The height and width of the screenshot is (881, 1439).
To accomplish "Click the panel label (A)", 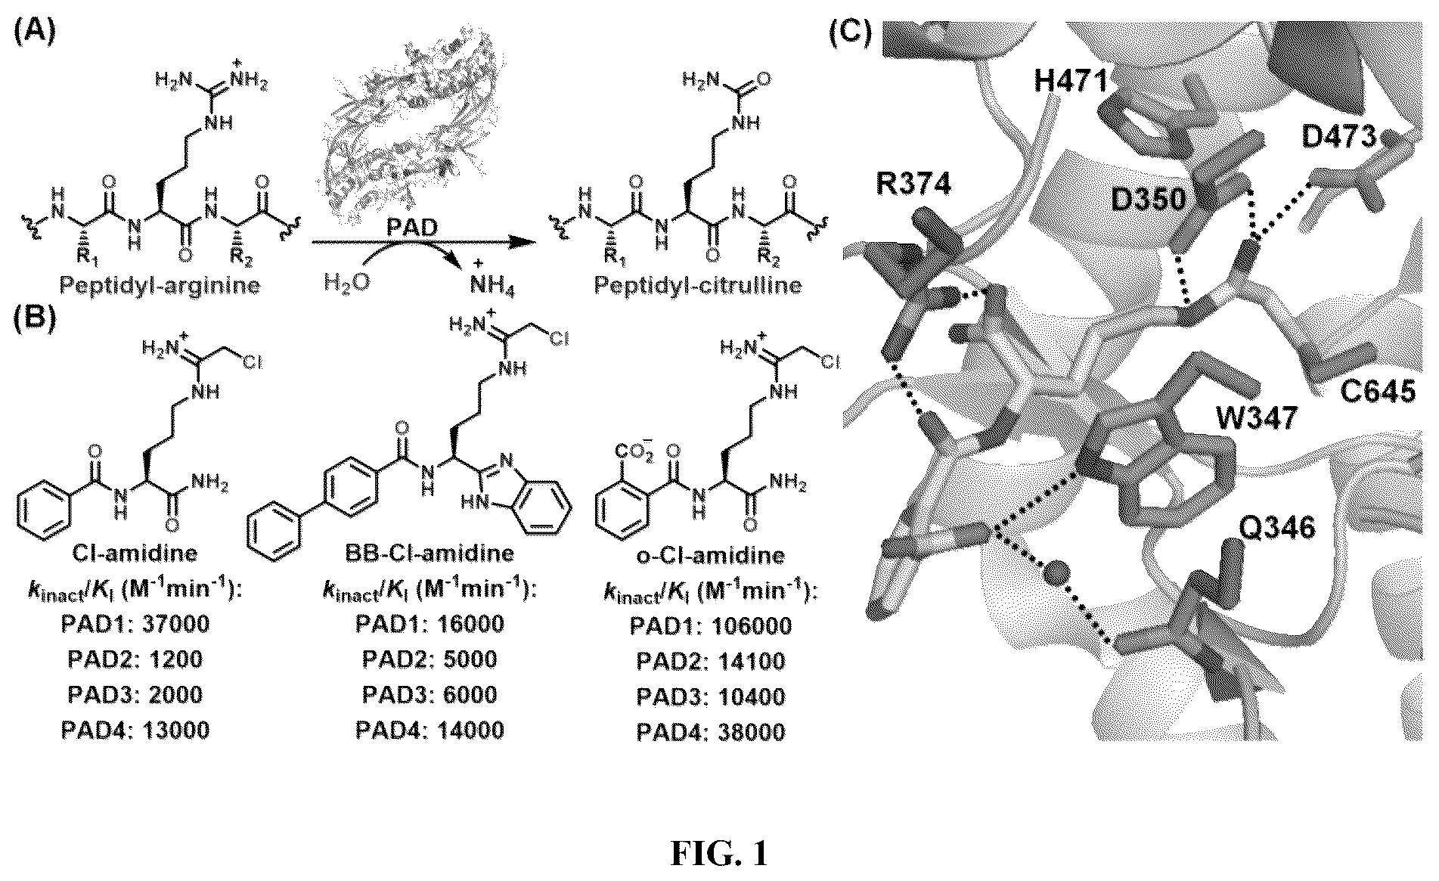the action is (34, 34).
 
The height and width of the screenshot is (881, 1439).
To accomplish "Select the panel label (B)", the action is (34, 318).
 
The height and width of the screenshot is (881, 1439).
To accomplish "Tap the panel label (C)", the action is (850, 34).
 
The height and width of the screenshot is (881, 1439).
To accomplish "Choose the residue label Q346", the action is (1277, 527).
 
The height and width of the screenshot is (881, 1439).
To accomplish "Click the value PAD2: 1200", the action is (135, 659).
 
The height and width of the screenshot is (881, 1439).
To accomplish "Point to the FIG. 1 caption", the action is (719, 853).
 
